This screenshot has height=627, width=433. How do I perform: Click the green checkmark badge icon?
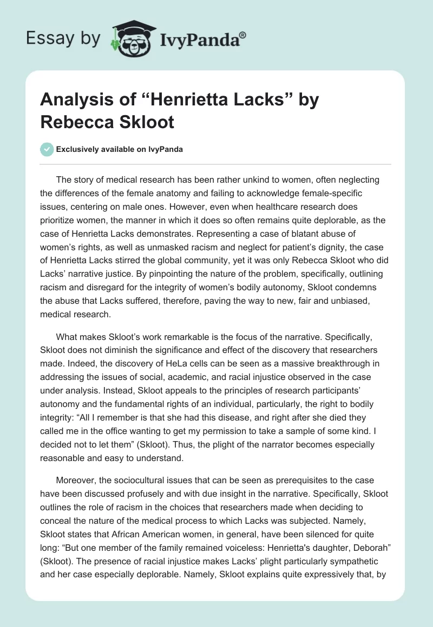(47, 149)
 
